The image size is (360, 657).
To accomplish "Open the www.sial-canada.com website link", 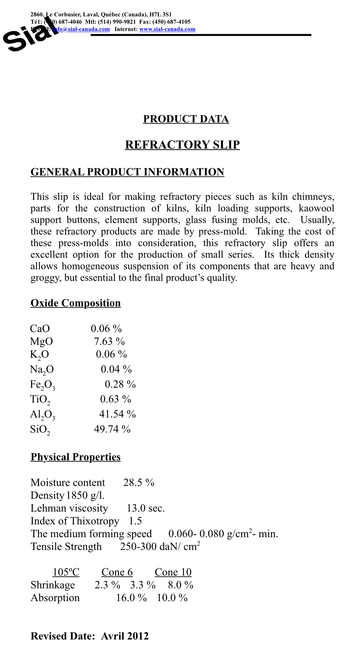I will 167,29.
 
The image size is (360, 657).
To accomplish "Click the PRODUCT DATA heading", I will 186,119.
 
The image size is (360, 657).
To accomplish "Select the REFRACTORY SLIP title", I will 182,145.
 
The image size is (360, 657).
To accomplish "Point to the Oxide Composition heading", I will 75,303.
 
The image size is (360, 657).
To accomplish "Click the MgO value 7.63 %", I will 109,342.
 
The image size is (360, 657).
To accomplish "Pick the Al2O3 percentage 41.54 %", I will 117,414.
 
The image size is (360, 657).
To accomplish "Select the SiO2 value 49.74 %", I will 112,429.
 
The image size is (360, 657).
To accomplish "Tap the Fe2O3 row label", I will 42,385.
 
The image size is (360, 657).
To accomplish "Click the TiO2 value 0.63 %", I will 116,399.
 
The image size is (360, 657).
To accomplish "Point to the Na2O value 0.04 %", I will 116,369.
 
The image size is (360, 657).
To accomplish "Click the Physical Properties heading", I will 75,457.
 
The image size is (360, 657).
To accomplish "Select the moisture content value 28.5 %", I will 139,483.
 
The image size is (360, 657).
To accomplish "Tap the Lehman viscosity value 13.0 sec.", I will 146,508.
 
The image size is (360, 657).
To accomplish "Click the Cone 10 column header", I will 173,572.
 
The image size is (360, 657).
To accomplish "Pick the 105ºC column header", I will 66,572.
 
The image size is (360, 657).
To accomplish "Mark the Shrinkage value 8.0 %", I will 181,585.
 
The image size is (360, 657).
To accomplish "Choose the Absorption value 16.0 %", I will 131,598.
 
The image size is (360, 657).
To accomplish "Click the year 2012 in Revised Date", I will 138,636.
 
